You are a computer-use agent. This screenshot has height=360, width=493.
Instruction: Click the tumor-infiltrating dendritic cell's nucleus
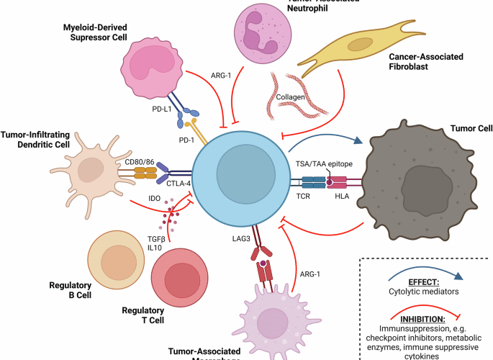(x=92, y=171)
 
